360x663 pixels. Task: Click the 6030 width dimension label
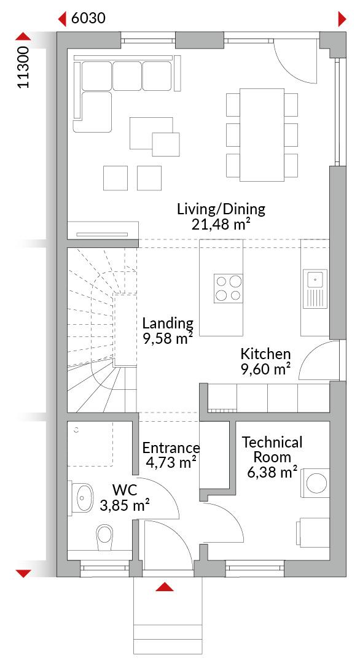point(88,18)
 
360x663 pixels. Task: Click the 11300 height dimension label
point(24,67)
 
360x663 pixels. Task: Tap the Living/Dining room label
point(221,209)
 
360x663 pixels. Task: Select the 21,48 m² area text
point(219,223)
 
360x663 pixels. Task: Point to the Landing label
point(168,324)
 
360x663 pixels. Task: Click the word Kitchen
point(265,354)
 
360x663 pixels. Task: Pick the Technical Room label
point(272,449)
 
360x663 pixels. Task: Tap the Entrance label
point(171,448)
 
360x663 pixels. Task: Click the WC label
point(125,490)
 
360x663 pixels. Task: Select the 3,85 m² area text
point(124,505)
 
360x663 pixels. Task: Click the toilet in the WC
point(104,537)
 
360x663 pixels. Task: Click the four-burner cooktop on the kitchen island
point(228,288)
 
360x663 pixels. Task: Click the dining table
point(262,134)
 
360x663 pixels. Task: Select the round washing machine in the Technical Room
point(316,483)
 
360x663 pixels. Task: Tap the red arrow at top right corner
point(342,19)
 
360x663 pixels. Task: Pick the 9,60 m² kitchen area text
point(265,369)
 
